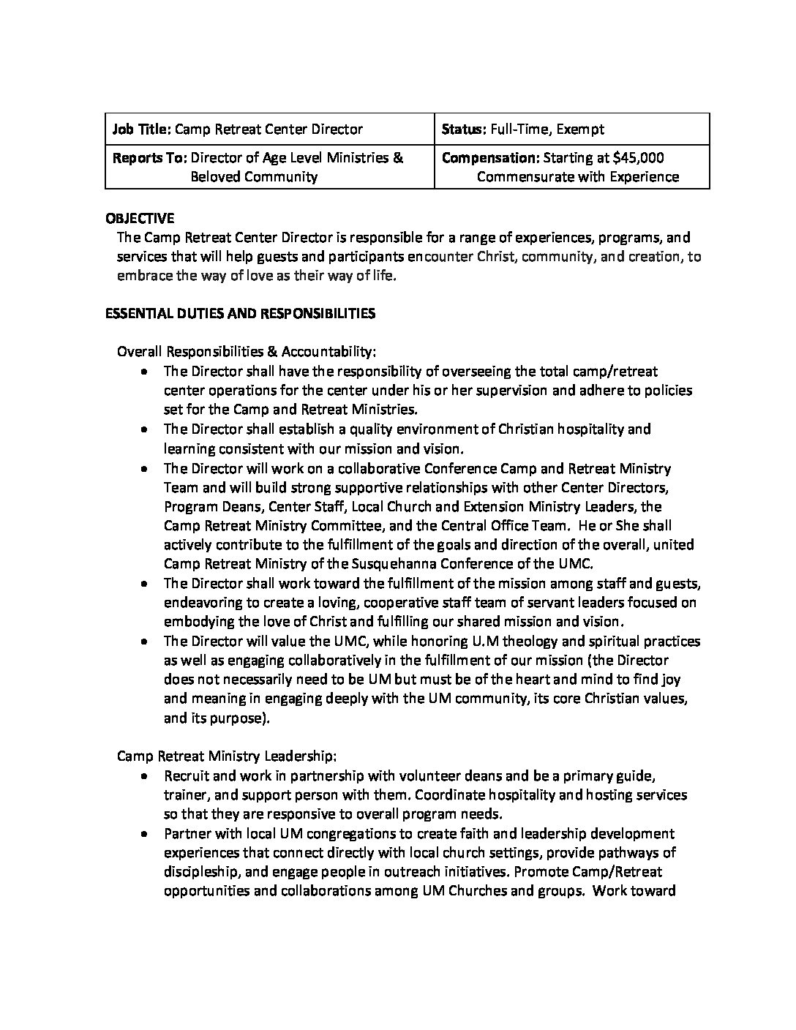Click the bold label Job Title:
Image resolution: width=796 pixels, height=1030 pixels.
(x=141, y=129)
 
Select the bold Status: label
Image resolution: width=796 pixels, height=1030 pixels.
(x=462, y=129)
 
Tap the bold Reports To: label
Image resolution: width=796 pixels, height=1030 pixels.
(x=150, y=157)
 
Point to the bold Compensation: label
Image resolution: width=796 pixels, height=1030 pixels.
(x=491, y=157)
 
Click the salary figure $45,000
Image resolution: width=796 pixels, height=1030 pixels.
(x=639, y=157)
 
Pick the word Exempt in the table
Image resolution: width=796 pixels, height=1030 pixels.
(x=580, y=129)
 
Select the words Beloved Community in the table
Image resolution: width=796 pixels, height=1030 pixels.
(x=254, y=176)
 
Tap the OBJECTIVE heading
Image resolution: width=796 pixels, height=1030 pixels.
(x=140, y=218)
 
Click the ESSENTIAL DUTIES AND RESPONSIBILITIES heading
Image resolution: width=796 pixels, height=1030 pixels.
(x=241, y=313)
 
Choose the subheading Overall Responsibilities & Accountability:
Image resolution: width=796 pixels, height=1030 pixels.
(x=247, y=352)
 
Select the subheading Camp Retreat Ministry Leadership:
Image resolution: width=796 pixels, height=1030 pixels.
(x=227, y=755)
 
